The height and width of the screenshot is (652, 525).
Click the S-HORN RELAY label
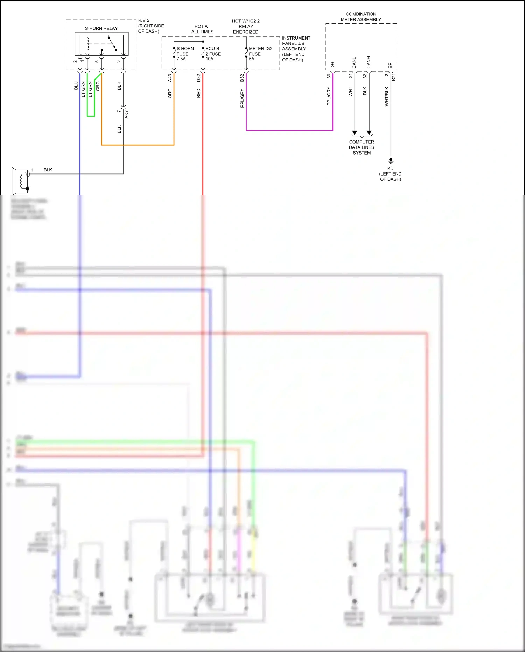pyautogui.click(x=101, y=28)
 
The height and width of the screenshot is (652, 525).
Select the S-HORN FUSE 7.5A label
pyautogui.click(x=185, y=54)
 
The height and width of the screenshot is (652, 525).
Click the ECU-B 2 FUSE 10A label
pyautogui.click(x=213, y=54)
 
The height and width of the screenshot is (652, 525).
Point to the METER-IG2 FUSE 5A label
pyautogui.click(x=260, y=54)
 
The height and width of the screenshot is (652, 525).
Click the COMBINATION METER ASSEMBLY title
pyautogui.click(x=361, y=17)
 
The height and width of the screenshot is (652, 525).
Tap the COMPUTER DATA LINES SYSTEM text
pyautogui.click(x=362, y=147)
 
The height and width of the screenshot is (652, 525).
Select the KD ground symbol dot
pyautogui.click(x=391, y=160)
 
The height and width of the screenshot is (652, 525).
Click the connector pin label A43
pyautogui.click(x=170, y=78)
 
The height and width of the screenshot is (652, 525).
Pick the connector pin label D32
pyautogui.click(x=198, y=78)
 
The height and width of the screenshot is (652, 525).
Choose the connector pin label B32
pyautogui.click(x=242, y=78)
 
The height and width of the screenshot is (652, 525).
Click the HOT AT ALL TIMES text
pyautogui.click(x=202, y=29)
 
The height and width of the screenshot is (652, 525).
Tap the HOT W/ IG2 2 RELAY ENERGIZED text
pyautogui.click(x=246, y=27)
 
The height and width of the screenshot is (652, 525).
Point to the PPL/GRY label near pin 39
pyautogui.click(x=329, y=96)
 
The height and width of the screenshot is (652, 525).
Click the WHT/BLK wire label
pyautogui.click(x=387, y=96)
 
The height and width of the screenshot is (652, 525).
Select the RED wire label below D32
pyautogui.click(x=198, y=93)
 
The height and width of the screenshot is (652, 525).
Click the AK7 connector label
pyautogui.click(x=126, y=114)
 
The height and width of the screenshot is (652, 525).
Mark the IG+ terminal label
pyautogui.click(x=332, y=65)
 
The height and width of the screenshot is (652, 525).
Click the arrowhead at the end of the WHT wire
pyautogui.click(x=355, y=133)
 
